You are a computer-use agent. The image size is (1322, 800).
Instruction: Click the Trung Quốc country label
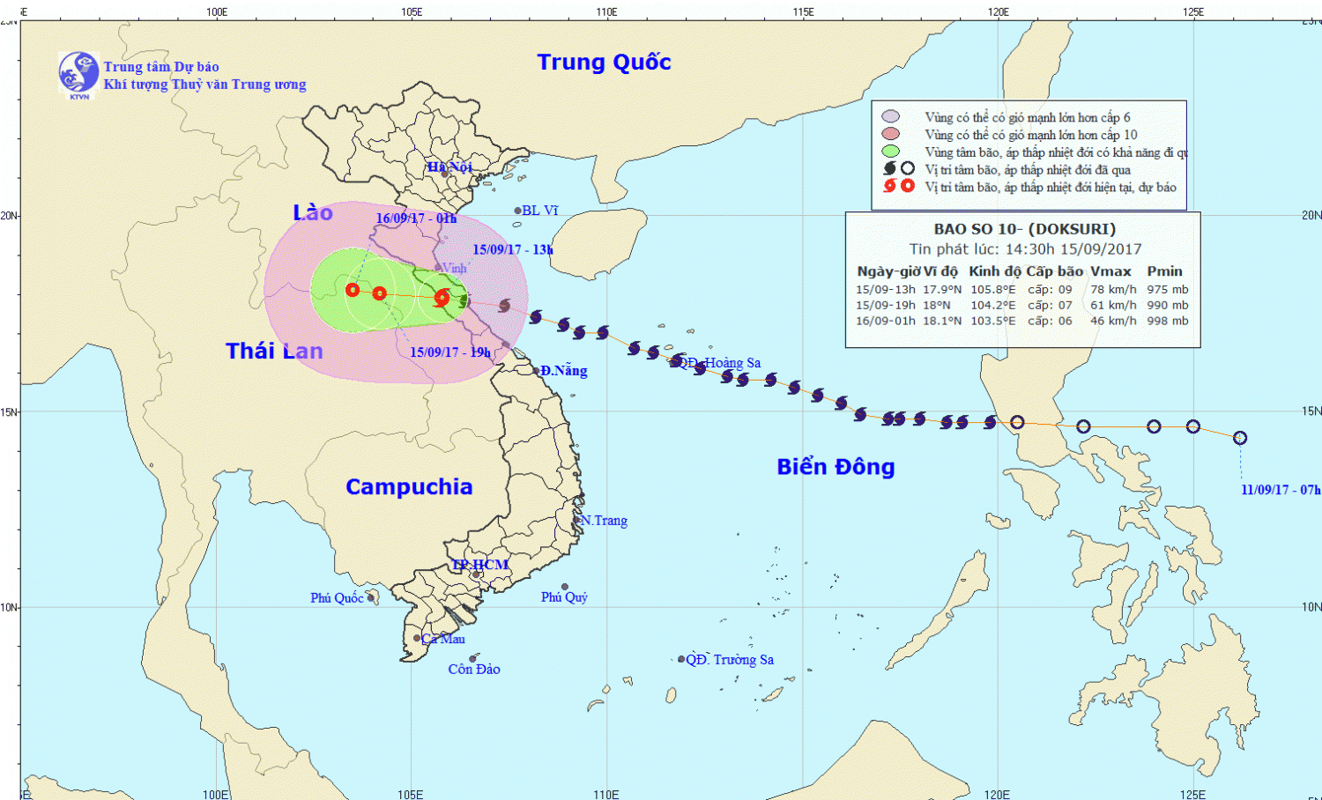604,63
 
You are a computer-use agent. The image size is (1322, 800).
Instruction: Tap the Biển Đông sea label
836,467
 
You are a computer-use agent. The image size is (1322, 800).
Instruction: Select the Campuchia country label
409,487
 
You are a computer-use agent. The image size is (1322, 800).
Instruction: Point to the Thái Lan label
274,352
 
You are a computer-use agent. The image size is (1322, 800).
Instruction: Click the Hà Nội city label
450,167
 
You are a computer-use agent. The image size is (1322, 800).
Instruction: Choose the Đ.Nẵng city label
564,371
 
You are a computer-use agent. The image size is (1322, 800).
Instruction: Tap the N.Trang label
604,521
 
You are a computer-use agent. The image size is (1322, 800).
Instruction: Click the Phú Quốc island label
337,598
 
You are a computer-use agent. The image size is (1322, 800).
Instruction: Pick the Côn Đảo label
474,670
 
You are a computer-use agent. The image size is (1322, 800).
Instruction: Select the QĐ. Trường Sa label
730,660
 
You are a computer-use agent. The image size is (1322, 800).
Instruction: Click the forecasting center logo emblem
78,73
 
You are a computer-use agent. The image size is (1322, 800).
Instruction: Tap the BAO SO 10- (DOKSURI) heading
1025,229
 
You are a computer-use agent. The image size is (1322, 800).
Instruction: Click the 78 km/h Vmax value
1113,290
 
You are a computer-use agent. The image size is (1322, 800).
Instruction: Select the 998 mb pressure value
1168,322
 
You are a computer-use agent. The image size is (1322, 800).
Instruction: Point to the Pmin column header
1164,271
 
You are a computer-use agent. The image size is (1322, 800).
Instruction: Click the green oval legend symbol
890,152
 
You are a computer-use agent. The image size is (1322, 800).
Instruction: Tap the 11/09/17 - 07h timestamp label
1281,490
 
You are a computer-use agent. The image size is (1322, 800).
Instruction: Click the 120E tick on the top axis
999,11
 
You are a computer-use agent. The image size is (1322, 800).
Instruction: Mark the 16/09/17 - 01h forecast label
416,219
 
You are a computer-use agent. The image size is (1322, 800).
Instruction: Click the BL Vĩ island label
539,211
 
